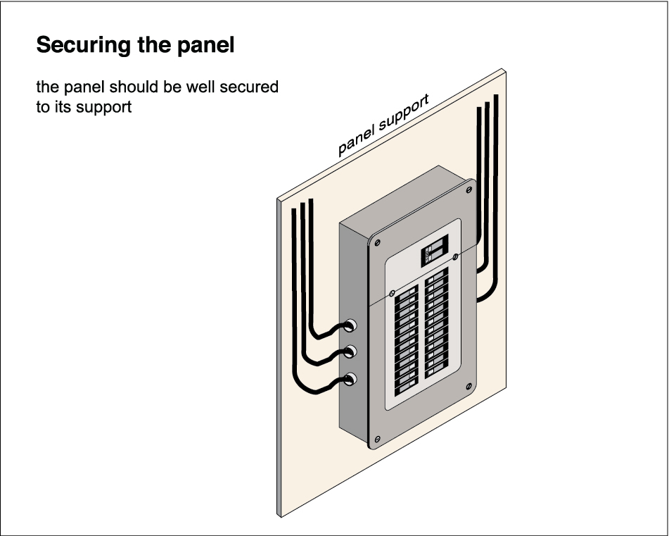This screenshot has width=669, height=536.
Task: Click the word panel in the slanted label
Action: pyautogui.click(x=355, y=139)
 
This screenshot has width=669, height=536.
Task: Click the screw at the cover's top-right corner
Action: pyautogui.click(x=468, y=189)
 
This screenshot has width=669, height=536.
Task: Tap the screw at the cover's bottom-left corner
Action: pyautogui.click(x=378, y=440)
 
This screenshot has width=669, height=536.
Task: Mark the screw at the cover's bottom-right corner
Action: pyautogui.click(x=468, y=386)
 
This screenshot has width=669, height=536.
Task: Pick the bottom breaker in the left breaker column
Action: pyautogui.click(x=406, y=387)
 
